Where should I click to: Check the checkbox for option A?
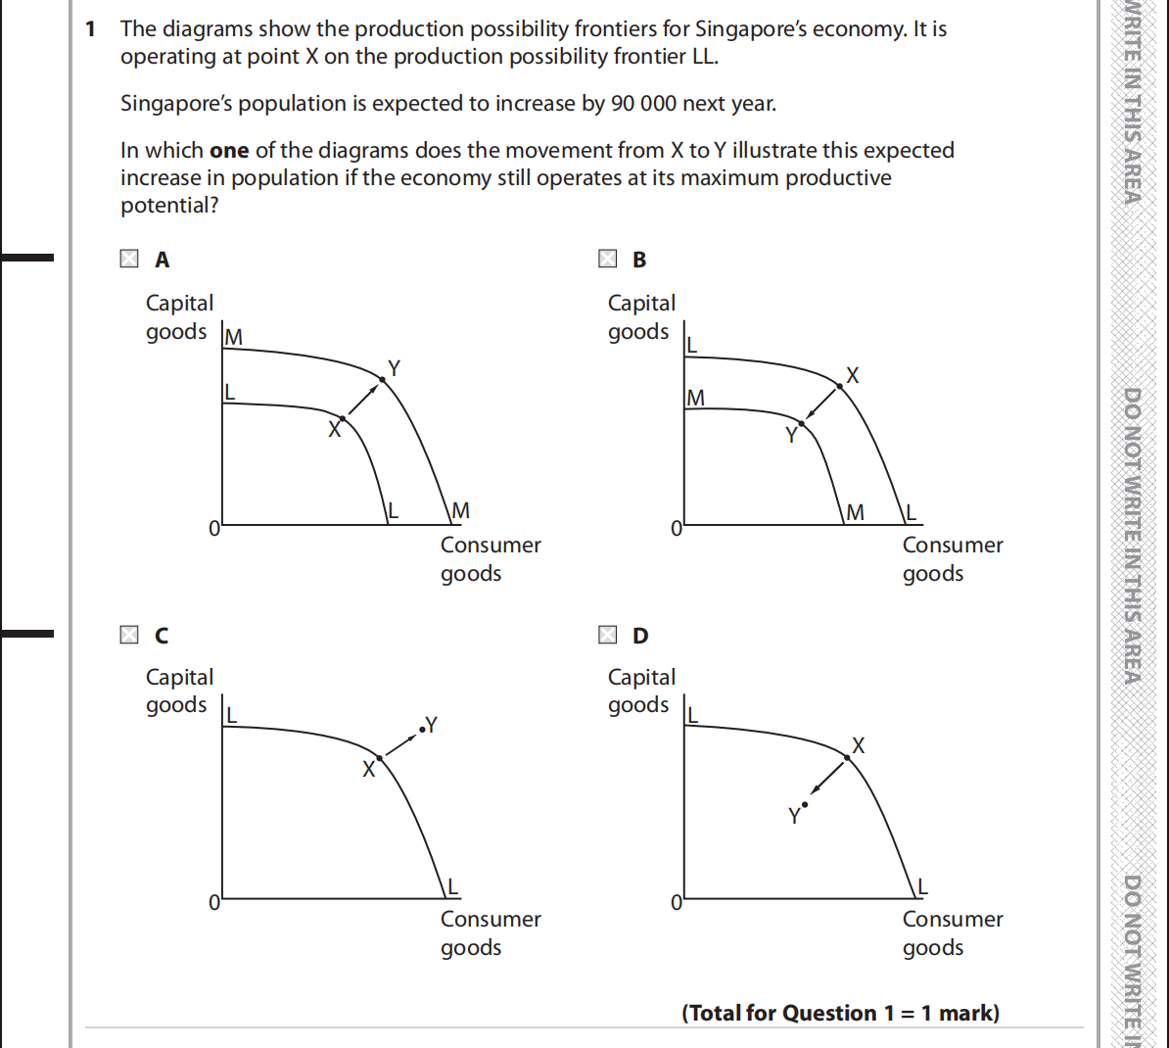pos(129,260)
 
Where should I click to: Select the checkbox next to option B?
pos(608,260)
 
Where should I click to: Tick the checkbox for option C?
pos(129,635)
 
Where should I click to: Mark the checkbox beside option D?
pos(608,635)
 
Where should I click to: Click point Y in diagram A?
pos(382,379)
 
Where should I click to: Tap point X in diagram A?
pos(342,418)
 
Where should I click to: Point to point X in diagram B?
pos(840,387)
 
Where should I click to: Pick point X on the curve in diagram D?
pos(847,757)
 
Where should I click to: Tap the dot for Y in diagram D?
pos(805,804)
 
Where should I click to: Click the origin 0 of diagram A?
pos(214,528)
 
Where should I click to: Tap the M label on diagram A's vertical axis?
pos(234,338)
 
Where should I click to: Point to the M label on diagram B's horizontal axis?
pos(855,512)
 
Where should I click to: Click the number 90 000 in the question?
pos(644,104)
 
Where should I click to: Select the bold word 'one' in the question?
pos(229,151)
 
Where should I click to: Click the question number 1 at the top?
pos(91,29)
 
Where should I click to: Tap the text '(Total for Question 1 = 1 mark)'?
pos(840,1013)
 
